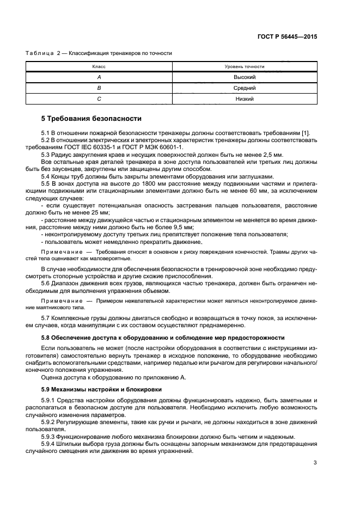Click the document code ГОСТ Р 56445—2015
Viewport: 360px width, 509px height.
click(288, 36)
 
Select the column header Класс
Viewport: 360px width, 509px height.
click(99, 66)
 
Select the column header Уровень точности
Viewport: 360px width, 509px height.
click(245, 66)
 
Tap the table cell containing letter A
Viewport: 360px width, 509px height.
click(99, 77)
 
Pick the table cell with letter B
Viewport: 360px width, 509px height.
click(99, 88)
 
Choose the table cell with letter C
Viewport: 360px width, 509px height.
click(99, 99)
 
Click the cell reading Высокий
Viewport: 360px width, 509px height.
click(245, 77)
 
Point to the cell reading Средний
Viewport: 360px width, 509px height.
click(245, 88)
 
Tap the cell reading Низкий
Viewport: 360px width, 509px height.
click(245, 99)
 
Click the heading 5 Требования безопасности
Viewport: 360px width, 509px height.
click(91, 118)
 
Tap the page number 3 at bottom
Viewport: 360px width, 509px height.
click(315, 463)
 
